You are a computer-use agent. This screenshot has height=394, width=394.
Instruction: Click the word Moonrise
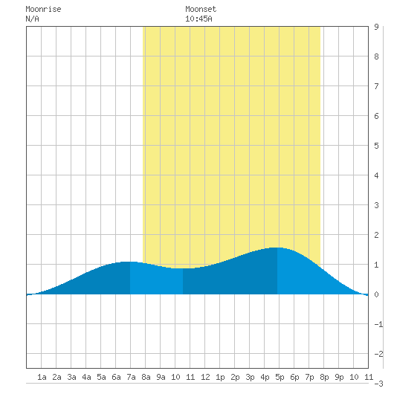click(43, 10)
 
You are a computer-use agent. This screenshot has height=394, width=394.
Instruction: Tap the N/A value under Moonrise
click(33, 19)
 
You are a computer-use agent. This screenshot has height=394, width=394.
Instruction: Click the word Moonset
click(201, 10)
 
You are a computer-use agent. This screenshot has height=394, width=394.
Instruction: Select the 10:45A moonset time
click(198, 19)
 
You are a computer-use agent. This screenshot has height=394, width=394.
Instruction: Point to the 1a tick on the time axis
click(42, 377)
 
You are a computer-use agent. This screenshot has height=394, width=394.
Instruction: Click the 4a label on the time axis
click(86, 377)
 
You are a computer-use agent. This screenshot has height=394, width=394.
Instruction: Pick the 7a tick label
click(131, 377)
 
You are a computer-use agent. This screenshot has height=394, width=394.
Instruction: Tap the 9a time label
click(161, 377)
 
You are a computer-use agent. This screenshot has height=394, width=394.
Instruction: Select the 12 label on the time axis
click(205, 377)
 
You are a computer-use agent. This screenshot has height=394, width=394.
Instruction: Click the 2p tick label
click(235, 377)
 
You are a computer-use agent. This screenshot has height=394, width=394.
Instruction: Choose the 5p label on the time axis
click(280, 377)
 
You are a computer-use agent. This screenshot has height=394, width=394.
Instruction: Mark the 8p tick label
click(324, 377)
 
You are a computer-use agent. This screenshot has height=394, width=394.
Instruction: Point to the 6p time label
click(294, 377)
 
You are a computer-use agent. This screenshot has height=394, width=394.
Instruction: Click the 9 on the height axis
click(376, 27)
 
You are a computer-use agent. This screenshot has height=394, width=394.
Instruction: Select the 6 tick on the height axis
click(376, 116)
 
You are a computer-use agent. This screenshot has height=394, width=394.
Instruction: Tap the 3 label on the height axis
click(376, 205)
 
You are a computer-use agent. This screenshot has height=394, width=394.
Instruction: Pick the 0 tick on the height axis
click(376, 294)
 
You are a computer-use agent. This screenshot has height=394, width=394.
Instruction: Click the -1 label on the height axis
click(378, 324)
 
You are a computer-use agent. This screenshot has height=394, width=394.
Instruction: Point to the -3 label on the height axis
click(378, 384)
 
